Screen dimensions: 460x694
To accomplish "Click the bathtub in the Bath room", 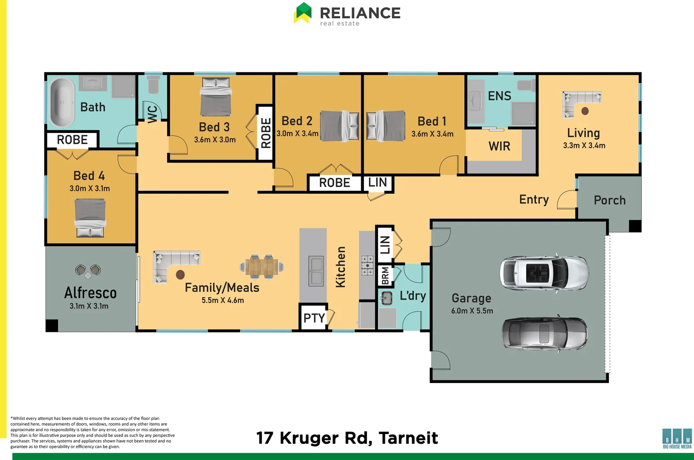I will click(x=62, y=102).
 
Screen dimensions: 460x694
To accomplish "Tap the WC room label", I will click(x=153, y=114).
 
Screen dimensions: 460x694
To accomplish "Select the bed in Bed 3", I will click(x=216, y=97).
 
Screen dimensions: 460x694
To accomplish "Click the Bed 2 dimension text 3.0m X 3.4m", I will click(x=297, y=134).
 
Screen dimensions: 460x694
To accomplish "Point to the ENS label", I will click(x=499, y=96).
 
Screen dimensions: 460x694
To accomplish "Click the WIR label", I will click(x=499, y=147).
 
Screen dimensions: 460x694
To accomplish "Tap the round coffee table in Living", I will click(x=585, y=111).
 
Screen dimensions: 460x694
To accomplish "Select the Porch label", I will click(x=610, y=201).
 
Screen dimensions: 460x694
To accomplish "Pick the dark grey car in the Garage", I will click(x=544, y=334).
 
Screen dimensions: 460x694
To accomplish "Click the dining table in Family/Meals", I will click(x=262, y=267).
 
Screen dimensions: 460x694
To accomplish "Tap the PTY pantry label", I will click(x=314, y=318).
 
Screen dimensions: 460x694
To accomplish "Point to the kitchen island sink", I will click(x=316, y=271).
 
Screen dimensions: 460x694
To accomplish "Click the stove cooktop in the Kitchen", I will click(x=367, y=265).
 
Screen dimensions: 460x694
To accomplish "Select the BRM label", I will click(x=385, y=276).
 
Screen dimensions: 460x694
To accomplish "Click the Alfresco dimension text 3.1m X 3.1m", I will click(x=89, y=306).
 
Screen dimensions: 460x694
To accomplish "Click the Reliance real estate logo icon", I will click(x=303, y=13).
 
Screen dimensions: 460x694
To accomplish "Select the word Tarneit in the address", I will click(x=408, y=438).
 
